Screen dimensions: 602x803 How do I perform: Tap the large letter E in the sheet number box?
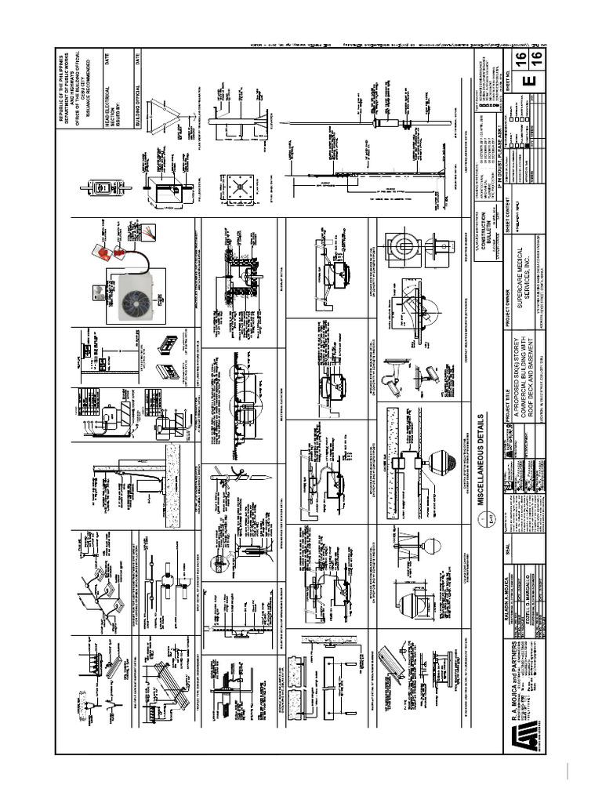(530, 79)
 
